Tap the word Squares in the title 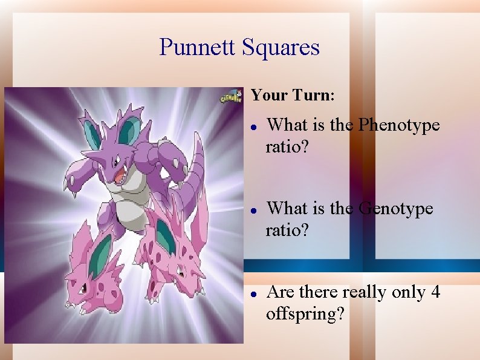(281, 47)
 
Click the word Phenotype (399, 125)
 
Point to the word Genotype (396, 209)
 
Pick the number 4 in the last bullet (435, 292)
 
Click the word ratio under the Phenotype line (285, 148)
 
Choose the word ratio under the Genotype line (285, 231)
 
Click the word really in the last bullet (365, 293)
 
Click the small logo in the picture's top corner (230, 97)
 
